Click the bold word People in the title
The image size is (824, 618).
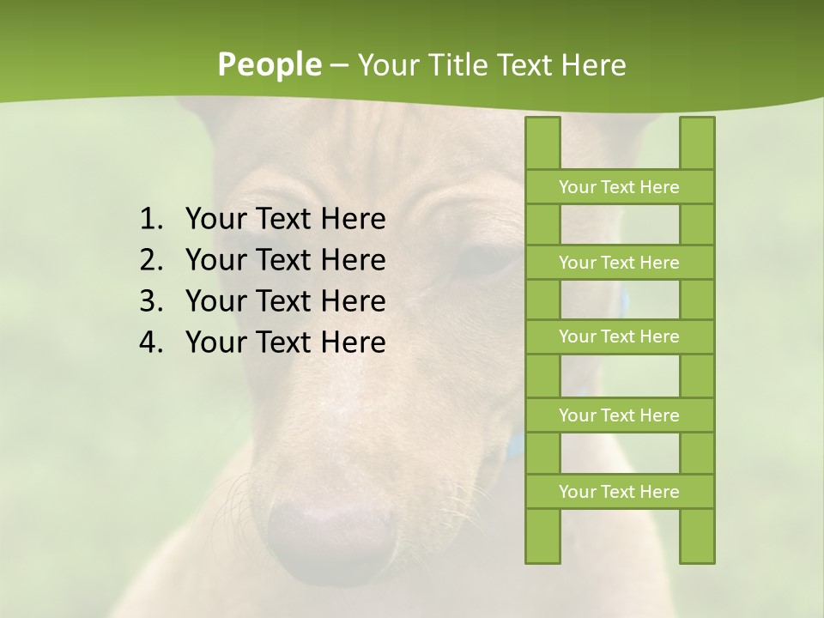point(269,64)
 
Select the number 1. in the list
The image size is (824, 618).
point(150,220)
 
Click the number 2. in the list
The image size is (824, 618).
point(150,260)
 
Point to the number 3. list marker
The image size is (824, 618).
point(150,301)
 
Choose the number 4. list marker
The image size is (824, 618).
point(150,342)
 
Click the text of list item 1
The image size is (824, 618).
point(285,220)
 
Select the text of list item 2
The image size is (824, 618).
point(285,260)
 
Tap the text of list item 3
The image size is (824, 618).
point(285,301)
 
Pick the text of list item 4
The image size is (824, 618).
point(285,342)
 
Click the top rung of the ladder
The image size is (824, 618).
point(619,187)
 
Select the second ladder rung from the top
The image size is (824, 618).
point(619,263)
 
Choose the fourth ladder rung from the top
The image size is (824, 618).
point(619,415)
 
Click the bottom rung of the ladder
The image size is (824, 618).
point(619,492)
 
